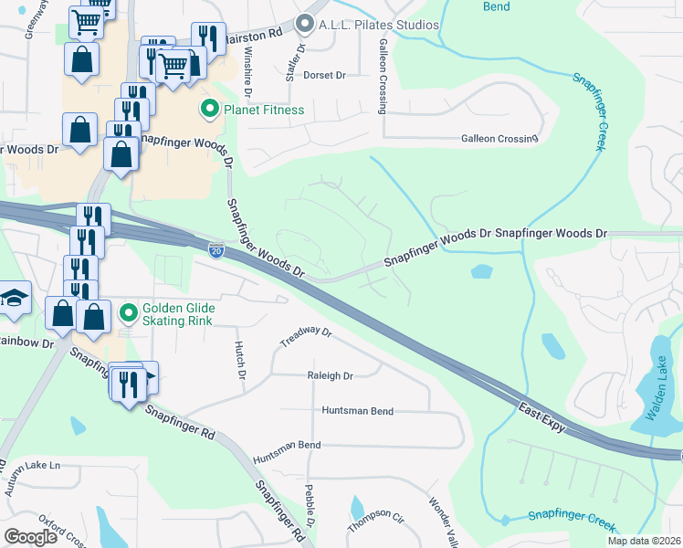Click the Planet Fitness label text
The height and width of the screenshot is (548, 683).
tap(265, 111)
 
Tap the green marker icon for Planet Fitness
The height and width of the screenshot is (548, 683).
tap(210, 111)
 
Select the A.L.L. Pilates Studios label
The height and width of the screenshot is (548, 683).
tap(378, 25)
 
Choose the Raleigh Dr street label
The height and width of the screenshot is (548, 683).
tap(330, 375)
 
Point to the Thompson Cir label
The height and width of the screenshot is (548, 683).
tap(375, 522)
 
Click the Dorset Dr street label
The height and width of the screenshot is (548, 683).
tap(325, 75)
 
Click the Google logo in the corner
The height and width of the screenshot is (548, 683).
tap(31, 537)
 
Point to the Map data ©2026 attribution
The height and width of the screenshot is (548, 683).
tap(644, 541)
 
